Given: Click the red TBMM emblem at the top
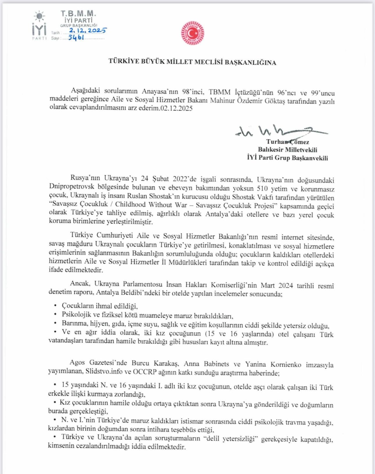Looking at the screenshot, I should coord(192,33).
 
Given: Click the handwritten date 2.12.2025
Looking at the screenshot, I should coord(87,30).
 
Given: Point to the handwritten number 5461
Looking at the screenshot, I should coord(76,37).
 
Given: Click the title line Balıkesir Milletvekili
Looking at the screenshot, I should coord(287,150).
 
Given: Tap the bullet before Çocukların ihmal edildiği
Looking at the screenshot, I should coord(56,306).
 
